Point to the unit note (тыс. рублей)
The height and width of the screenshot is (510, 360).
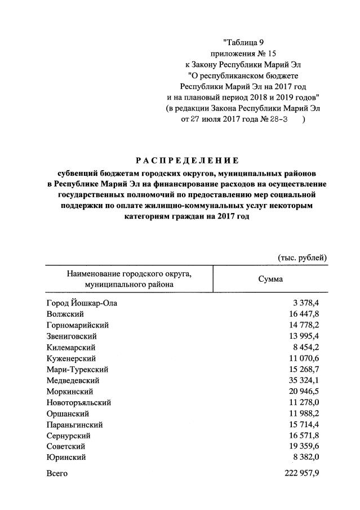click(302, 258)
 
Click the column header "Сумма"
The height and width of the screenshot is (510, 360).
click(270, 279)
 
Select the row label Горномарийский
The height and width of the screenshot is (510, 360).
click(78, 325)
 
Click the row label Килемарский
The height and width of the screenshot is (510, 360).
click(71, 347)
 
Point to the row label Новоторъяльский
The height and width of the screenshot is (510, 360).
click(79, 402)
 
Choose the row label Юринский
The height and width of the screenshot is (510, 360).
click(66, 457)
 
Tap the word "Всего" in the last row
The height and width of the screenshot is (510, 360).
click(57, 473)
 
